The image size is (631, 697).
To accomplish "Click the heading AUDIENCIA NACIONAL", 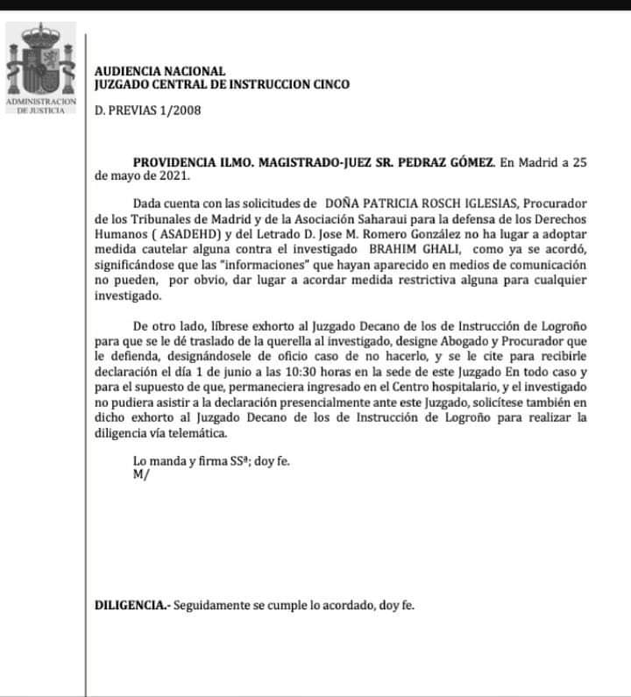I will [x=160, y=71].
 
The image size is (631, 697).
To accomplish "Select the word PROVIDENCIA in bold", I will [x=173, y=162].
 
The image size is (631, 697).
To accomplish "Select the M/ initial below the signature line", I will [x=140, y=473].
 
